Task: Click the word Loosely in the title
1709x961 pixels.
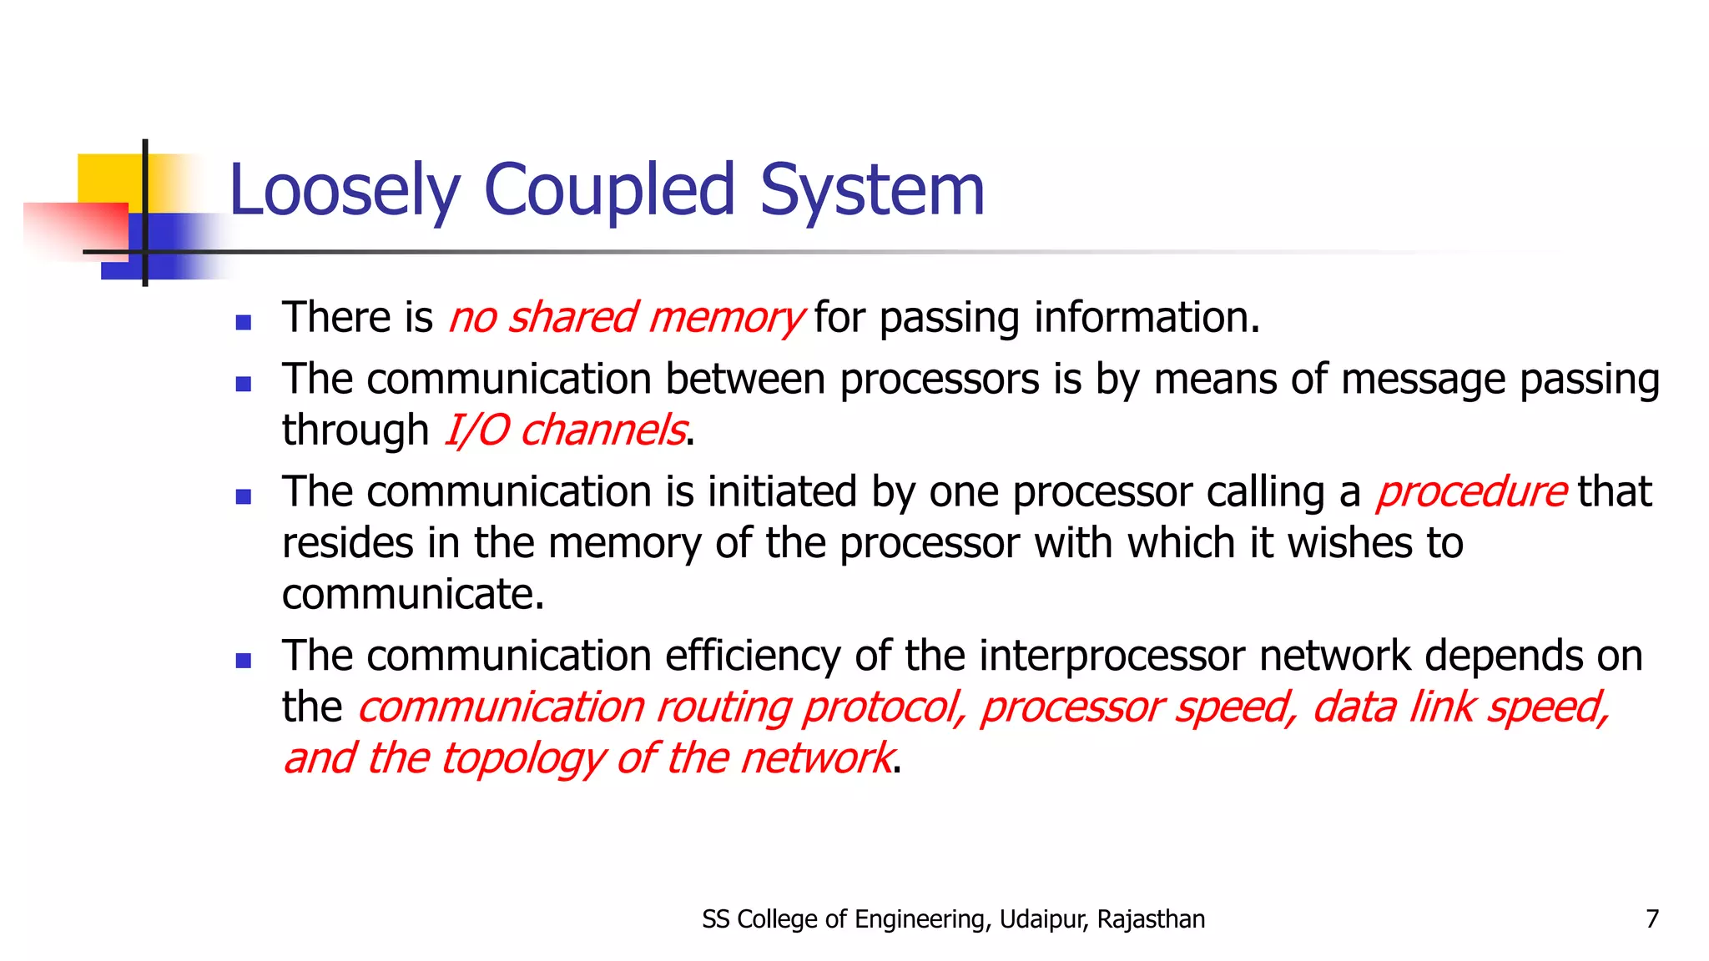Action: (x=345, y=191)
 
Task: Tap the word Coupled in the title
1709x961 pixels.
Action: (x=609, y=191)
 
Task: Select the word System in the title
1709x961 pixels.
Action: (x=872, y=191)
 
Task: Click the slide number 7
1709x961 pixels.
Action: (x=1651, y=919)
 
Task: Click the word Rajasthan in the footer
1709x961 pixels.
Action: (x=1151, y=919)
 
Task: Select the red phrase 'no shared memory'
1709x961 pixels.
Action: (x=626, y=318)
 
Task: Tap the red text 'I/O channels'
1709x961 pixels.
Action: (x=565, y=430)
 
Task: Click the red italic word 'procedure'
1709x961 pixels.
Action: (x=1471, y=492)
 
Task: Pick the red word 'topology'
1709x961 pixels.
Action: (x=522, y=758)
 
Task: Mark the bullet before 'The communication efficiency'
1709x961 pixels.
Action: (x=244, y=662)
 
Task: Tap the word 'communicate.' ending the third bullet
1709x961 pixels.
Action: (x=413, y=595)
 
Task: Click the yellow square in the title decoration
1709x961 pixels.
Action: (x=108, y=178)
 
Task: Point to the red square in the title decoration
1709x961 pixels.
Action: (x=75, y=229)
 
